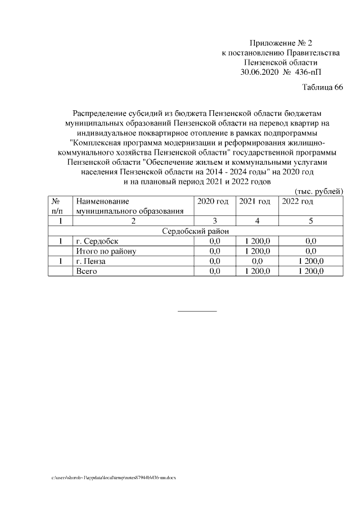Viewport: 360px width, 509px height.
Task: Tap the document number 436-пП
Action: point(310,72)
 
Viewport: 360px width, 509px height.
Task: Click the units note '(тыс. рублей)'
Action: point(319,191)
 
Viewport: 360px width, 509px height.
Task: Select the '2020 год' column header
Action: point(213,201)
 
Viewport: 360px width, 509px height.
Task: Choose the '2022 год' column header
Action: point(298,201)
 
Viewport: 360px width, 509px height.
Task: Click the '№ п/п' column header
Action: point(57,206)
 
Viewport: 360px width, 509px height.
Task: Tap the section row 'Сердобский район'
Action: point(195,231)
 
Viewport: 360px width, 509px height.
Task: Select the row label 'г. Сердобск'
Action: point(97,241)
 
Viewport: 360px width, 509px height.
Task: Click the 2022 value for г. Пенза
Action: point(310,262)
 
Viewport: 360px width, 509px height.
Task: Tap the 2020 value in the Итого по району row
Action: point(214,251)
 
